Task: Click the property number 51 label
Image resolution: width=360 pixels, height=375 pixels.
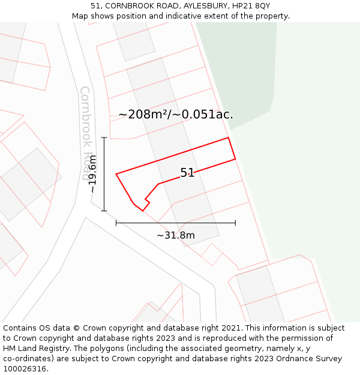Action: coord(187,173)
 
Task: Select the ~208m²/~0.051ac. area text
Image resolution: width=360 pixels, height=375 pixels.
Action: coord(176,114)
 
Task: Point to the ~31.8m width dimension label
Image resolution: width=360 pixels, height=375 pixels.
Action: coord(176,235)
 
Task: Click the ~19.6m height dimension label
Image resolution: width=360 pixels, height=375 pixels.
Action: coord(92,174)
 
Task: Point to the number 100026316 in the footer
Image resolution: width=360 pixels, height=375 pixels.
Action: coord(25,368)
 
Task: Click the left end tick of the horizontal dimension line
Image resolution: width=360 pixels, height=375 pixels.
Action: coord(116,223)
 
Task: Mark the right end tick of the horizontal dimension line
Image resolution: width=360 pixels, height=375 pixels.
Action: coord(235,223)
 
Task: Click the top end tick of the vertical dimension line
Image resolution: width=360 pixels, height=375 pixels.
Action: coord(104,137)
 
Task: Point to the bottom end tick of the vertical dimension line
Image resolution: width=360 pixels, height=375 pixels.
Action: coord(104,211)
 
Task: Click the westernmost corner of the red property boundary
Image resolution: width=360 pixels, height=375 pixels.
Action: coord(116,174)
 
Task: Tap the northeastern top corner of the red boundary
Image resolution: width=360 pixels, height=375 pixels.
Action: coord(229,137)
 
